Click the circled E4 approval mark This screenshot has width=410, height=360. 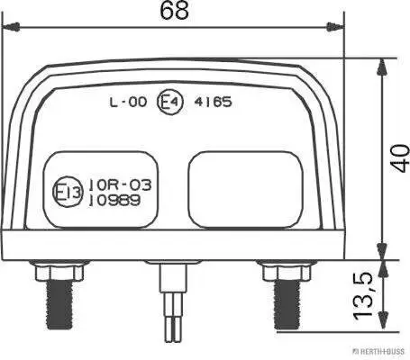169,103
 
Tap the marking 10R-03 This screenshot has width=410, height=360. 114,184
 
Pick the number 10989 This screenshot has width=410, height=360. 114,200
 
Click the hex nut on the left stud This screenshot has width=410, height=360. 59,269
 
